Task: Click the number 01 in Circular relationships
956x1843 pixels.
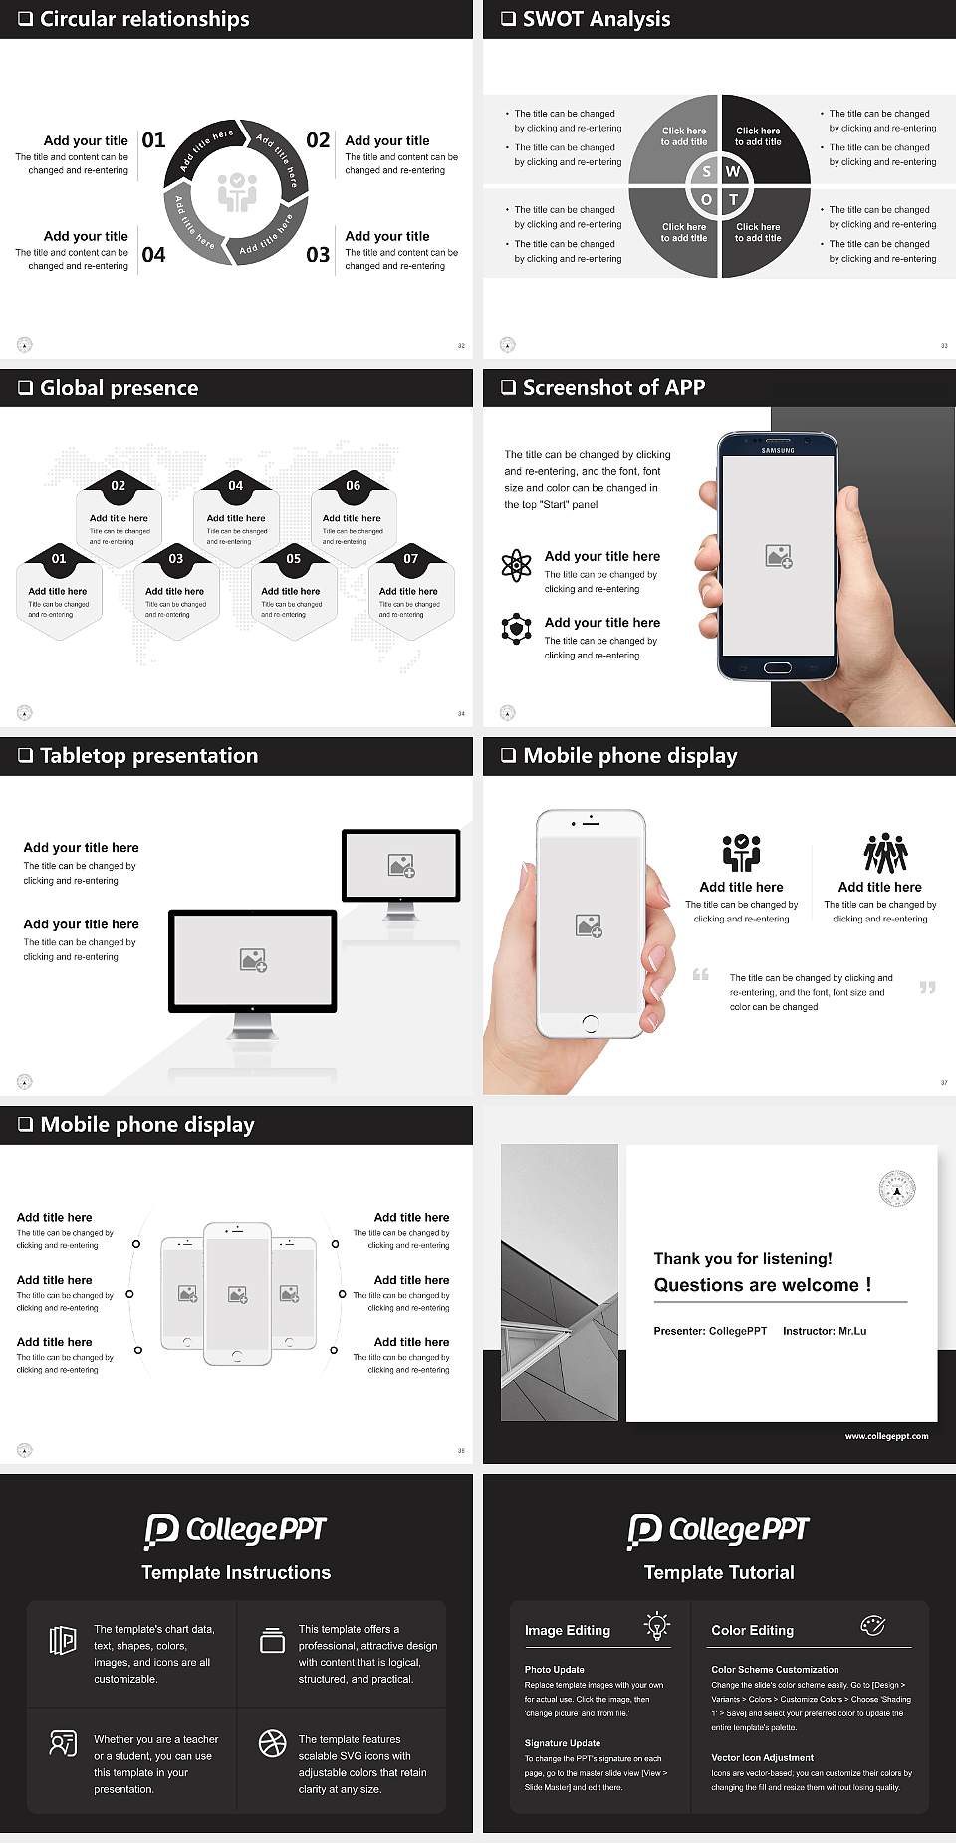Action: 153,140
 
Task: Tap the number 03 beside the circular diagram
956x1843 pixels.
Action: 318,255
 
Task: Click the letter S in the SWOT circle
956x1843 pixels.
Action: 706,172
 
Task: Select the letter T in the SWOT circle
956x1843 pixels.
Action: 733,199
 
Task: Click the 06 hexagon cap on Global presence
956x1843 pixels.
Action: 354,485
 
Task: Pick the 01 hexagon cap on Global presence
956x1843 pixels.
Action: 59,558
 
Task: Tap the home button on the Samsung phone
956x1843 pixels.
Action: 777,667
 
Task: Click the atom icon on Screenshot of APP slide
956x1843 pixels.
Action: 516,566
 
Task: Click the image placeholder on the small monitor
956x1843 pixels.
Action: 401,865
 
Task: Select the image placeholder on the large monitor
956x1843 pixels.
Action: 253,959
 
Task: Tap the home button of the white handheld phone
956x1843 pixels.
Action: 590,1023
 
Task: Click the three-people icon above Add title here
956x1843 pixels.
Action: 885,853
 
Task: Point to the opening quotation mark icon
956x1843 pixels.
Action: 701,974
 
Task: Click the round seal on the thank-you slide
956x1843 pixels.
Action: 896,1189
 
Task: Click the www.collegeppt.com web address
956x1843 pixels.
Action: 886,1436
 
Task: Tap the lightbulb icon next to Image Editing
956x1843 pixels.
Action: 656,1625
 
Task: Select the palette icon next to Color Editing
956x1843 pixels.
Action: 872,1625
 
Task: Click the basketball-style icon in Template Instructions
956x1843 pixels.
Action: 272,1743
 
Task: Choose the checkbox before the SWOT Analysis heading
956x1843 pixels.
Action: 508,19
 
